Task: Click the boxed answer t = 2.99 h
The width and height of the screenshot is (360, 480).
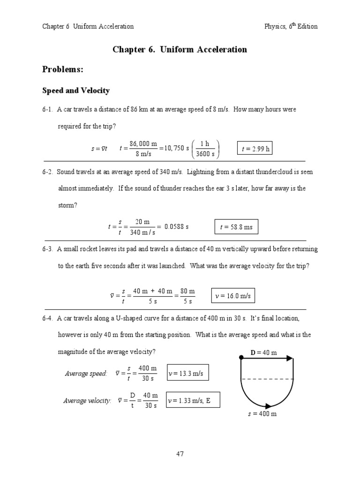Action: (x=255, y=149)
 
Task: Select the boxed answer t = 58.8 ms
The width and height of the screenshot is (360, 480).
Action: (x=236, y=227)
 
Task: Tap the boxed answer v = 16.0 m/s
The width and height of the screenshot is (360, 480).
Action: (x=233, y=296)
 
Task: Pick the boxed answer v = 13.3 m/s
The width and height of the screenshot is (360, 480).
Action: (x=187, y=373)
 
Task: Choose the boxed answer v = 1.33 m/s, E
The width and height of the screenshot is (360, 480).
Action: (x=193, y=400)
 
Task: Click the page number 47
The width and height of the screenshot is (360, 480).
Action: (x=180, y=453)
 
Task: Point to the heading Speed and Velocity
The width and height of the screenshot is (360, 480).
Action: (x=76, y=90)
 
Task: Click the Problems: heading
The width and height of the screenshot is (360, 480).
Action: (x=63, y=69)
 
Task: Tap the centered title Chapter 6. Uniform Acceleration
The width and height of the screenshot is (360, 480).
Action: (x=180, y=49)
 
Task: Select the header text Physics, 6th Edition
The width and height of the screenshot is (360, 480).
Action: (x=291, y=26)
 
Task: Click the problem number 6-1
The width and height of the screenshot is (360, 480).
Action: (x=48, y=109)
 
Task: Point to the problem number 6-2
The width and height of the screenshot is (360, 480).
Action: (x=48, y=172)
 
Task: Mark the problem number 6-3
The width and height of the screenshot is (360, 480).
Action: (x=48, y=249)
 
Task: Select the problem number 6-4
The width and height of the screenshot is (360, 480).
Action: (x=48, y=318)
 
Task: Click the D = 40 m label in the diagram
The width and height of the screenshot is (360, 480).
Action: (x=263, y=352)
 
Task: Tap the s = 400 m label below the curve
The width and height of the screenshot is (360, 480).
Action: (x=262, y=414)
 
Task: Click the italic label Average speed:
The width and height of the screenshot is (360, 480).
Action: (x=86, y=373)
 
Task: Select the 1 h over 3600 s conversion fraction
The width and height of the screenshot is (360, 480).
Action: (x=205, y=149)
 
